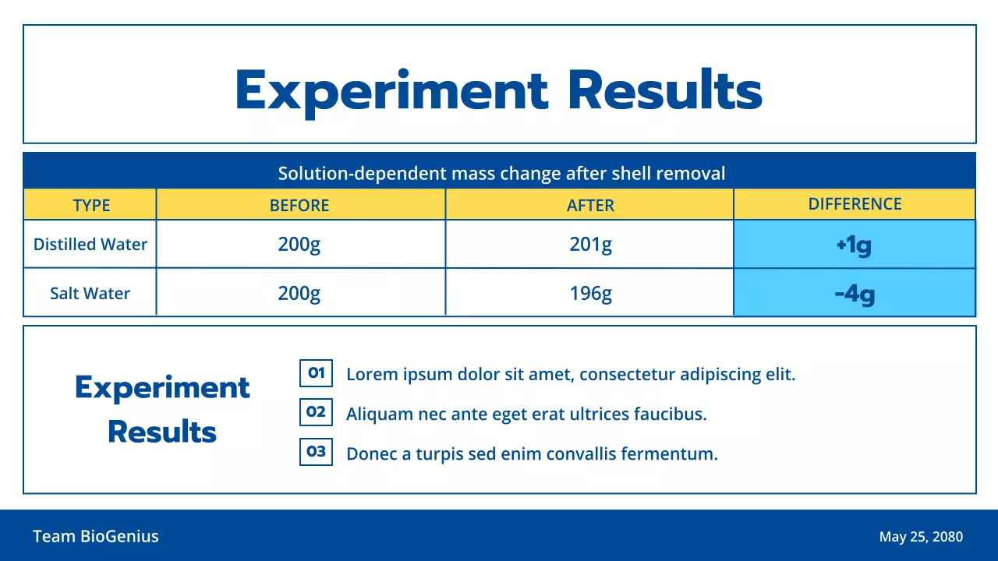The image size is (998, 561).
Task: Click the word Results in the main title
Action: [664, 90]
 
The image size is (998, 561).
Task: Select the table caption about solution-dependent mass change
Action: [501, 173]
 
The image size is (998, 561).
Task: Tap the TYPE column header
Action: [91, 206]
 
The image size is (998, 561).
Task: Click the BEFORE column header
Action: [299, 206]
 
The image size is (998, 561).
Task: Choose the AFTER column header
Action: [590, 206]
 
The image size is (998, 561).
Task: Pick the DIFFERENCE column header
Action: [855, 204]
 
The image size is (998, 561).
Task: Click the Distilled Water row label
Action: [90, 245]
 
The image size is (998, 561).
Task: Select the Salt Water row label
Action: [90, 294]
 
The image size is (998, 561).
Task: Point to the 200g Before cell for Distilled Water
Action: [299, 245]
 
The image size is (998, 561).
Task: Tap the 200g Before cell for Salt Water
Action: [299, 294]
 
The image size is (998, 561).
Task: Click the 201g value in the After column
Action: [590, 245]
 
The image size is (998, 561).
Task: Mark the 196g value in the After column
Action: [590, 294]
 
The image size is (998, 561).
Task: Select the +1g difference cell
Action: [854, 245]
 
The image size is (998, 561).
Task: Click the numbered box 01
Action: [316, 373]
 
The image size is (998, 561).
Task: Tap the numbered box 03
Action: [316, 452]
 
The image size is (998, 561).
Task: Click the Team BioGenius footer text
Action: [96, 536]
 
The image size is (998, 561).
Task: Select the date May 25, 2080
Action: [921, 537]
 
